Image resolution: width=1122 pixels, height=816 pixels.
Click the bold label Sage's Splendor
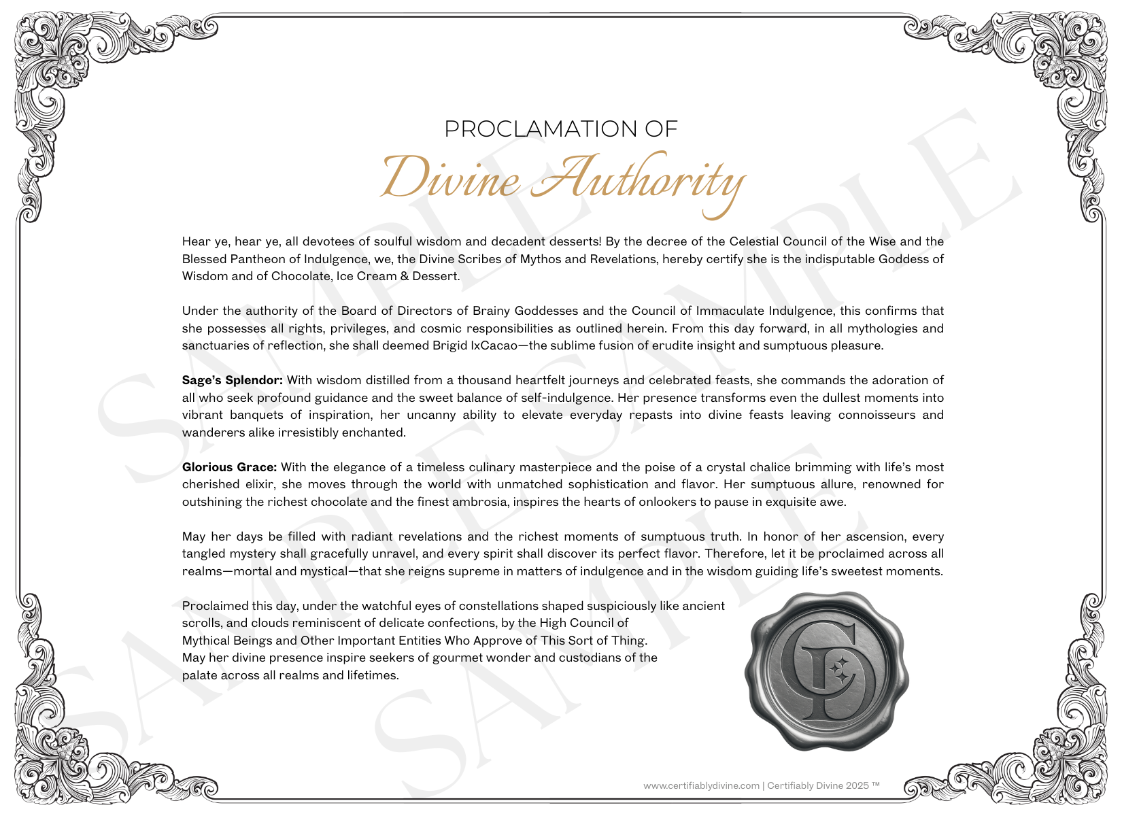coord(232,380)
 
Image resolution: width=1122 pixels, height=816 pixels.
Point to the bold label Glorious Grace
coord(229,467)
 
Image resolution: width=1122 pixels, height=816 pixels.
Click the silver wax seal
coord(826,670)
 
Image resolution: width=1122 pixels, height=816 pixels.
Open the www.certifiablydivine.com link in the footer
coord(701,785)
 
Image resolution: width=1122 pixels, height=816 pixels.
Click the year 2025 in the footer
coord(857,785)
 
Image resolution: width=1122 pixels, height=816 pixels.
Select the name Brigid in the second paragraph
coord(449,345)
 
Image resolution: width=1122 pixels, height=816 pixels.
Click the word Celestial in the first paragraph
coord(753,241)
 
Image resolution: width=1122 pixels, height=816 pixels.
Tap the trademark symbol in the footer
coord(876,784)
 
